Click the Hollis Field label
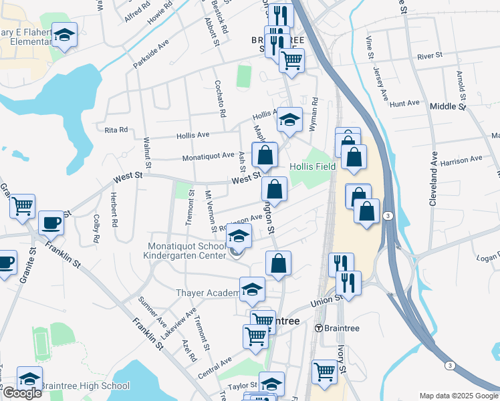(x=313, y=166)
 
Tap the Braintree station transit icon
(x=320, y=328)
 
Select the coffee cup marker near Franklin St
(x=50, y=223)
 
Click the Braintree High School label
(x=84, y=386)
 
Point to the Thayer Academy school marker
(x=252, y=289)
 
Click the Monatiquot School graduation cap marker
(x=239, y=236)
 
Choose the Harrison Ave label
(x=461, y=160)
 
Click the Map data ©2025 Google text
(x=459, y=396)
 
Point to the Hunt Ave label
(x=404, y=104)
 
